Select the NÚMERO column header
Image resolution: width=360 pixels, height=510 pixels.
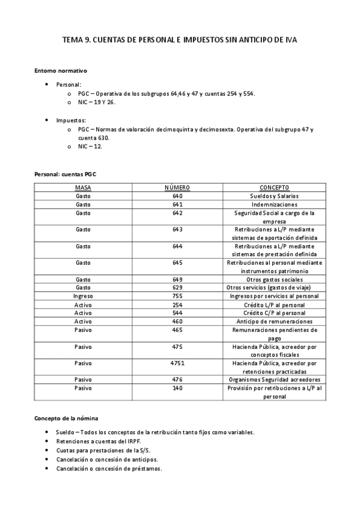click(177, 188)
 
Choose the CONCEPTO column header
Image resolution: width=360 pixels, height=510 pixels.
click(274, 188)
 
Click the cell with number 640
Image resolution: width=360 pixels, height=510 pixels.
click(177, 196)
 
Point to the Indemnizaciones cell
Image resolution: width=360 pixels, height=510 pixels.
click(274, 204)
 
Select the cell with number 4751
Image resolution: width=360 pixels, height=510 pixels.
click(177, 363)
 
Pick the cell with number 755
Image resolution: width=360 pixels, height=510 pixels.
click(177, 296)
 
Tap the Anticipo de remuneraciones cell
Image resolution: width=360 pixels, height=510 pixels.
click(274, 321)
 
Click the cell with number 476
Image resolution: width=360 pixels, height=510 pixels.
click(177, 379)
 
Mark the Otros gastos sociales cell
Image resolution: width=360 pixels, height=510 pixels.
click(274, 280)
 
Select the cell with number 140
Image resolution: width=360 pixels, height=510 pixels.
click(177, 388)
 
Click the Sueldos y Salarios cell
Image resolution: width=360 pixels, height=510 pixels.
click(274, 196)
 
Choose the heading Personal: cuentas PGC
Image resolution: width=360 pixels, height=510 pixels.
click(65, 174)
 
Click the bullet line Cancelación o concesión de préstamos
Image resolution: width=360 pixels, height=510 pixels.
click(109, 469)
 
